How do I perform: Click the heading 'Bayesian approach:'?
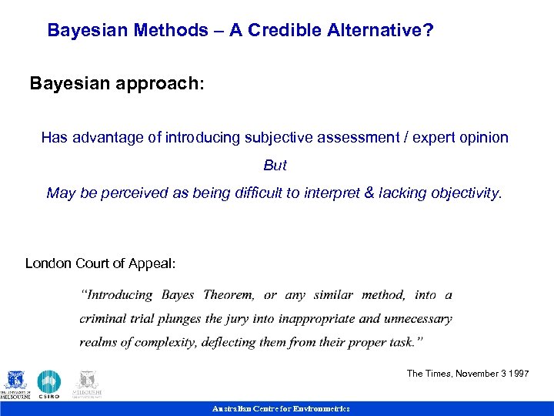pyautogui.click(x=117, y=83)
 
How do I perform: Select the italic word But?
pyautogui.click(x=275, y=166)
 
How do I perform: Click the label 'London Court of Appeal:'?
pyautogui.click(x=100, y=263)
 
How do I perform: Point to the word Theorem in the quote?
pyautogui.click(x=229, y=295)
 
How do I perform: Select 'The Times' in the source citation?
pyautogui.click(x=426, y=374)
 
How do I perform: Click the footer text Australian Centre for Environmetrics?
pyautogui.click(x=281, y=409)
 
